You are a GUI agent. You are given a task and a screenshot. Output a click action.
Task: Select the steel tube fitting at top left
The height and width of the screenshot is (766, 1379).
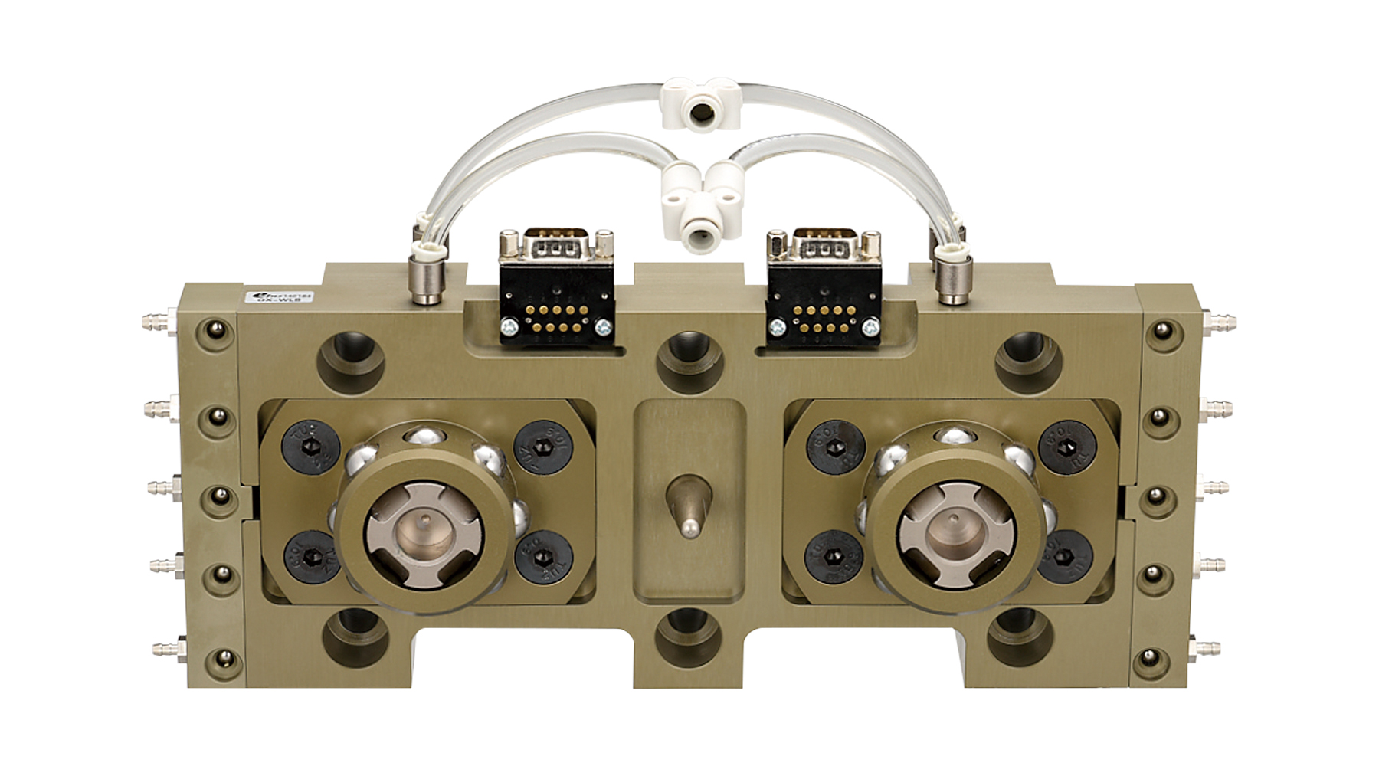click(x=421, y=280)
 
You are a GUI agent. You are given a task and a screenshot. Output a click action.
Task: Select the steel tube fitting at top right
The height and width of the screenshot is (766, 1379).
click(x=952, y=280)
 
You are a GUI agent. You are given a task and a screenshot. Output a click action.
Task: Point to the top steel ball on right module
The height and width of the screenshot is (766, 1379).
click(x=952, y=437)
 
